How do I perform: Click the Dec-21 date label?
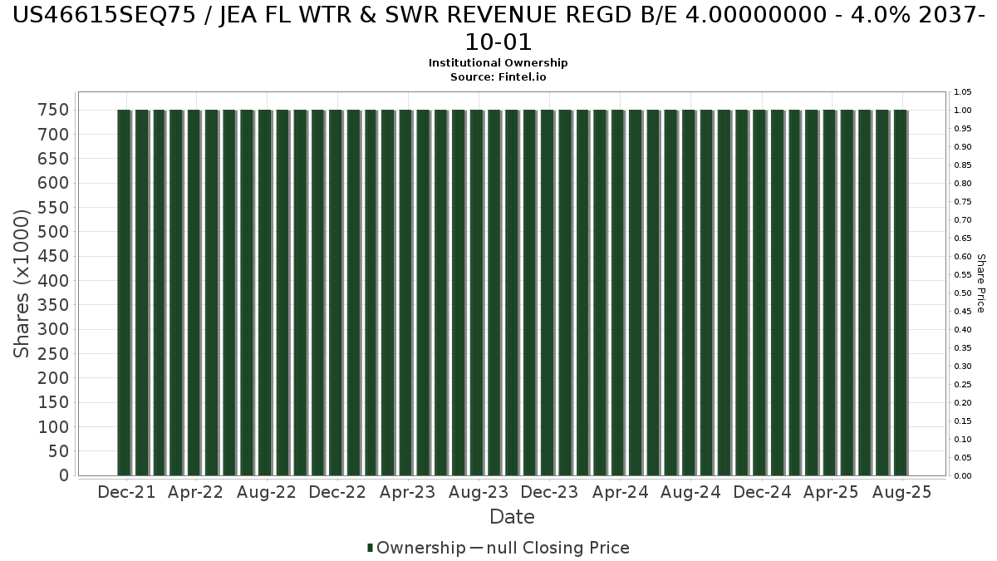point(126,492)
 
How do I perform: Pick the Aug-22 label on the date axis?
point(267,492)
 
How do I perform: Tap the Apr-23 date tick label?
point(407,492)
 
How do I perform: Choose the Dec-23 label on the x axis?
point(549,492)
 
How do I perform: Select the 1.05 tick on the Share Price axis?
point(963,92)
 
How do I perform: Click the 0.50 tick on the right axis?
point(963,293)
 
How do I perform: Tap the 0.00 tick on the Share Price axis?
point(963,476)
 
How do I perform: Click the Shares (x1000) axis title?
point(22,284)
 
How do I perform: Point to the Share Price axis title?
point(980,283)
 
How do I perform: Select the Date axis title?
point(512,517)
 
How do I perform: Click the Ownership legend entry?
point(416,548)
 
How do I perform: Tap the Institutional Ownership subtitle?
point(498,63)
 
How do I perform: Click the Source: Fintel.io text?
point(498,76)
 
